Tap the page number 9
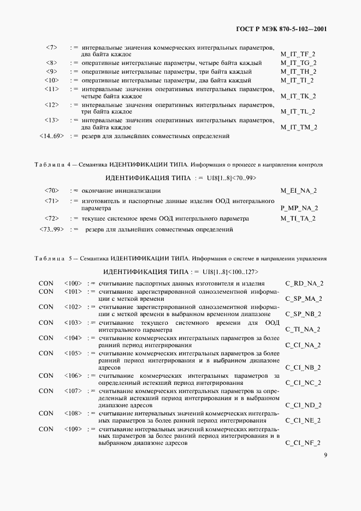tap(325, 455)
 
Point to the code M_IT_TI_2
tap(298, 80)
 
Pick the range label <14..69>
tap(52, 135)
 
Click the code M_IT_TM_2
tap(298, 127)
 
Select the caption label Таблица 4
tap(48, 164)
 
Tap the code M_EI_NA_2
tap(298, 191)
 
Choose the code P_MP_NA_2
tap(299, 208)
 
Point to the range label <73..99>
tap(52, 229)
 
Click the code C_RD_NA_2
tap(304, 283)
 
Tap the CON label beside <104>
tap(46, 338)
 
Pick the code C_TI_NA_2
tap(304, 330)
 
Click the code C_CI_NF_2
tap(303, 443)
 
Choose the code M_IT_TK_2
tap(298, 96)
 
